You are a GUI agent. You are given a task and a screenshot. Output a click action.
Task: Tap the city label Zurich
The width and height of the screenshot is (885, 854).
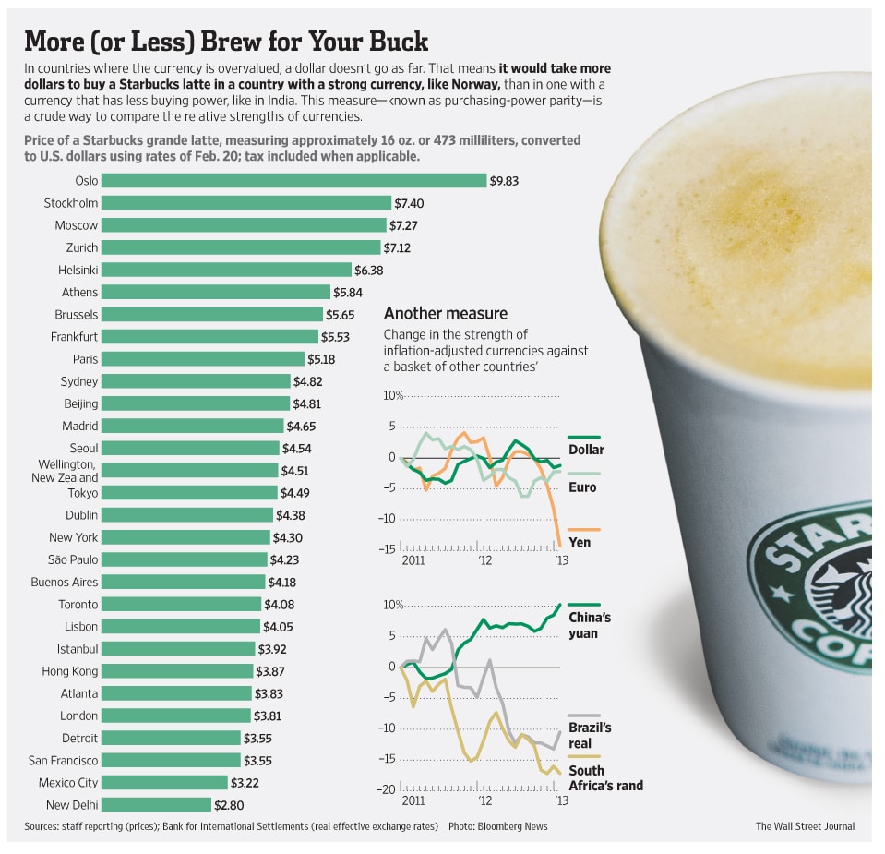82,247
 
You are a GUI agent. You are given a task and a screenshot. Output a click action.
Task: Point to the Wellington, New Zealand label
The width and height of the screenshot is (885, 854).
67,471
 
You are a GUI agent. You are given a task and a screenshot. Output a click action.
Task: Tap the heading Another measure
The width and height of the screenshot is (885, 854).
445,313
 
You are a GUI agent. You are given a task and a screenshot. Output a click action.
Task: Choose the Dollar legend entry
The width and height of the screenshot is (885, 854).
586,450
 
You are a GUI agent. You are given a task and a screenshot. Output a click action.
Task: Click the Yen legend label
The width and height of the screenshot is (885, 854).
580,542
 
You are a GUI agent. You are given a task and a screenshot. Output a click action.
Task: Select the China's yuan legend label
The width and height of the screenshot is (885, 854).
589,625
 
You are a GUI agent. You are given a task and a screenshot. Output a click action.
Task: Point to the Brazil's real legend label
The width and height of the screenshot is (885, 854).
590,735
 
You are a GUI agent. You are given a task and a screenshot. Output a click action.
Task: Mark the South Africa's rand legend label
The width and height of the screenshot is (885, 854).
605,777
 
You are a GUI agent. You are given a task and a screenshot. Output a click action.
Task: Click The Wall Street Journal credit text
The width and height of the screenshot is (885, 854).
805,826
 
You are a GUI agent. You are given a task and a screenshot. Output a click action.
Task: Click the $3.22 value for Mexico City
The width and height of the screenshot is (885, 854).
274,783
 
